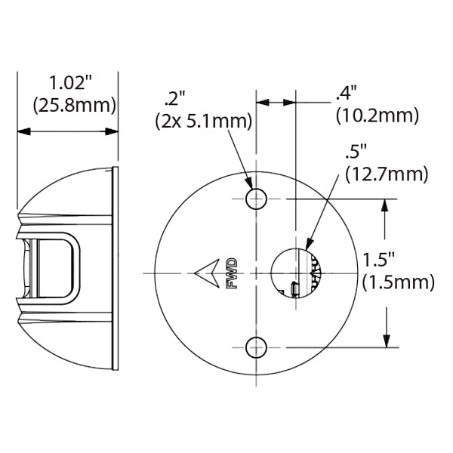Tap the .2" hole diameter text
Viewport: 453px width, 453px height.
click(175, 97)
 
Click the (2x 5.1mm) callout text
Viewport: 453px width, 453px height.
click(202, 121)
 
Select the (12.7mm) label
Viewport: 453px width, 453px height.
click(385, 174)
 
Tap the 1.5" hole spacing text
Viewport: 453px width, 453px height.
click(380, 260)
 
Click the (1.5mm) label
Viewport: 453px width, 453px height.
click(398, 283)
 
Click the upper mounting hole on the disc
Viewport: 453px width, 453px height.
click(257, 199)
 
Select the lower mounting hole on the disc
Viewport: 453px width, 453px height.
click(257, 347)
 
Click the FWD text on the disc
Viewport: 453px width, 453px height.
click(231, 273)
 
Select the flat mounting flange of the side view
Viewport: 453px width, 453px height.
click(115, 270)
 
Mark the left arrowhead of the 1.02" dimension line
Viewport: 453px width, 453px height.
click(23, 131)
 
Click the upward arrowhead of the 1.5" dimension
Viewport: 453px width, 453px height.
click(387, 205)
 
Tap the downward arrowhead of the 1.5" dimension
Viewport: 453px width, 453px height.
click(387, 340)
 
